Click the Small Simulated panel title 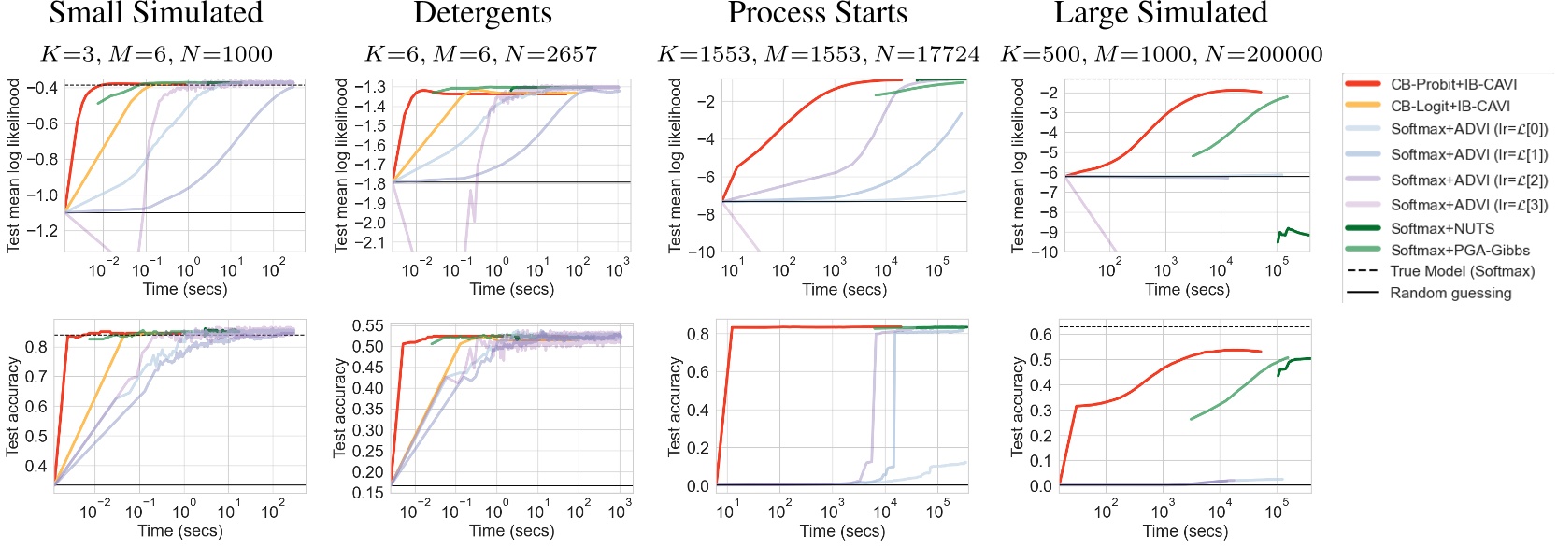tap(155, 13)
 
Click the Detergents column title tap(482, 13)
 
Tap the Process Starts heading tap(818, 13)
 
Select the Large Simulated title tap(1161, 13)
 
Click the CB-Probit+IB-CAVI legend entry tap(1453, 84)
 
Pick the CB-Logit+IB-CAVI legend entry tap(1450, 107)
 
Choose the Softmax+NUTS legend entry tap(1442, 228)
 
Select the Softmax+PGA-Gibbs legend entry tap(1460, 250)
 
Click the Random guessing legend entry tap(1450, 293)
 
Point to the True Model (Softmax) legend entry tap(1462, 271)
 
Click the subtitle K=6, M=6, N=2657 tap(480, 54)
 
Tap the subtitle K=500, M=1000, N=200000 tap(1162, 54)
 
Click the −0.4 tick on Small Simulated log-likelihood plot tap(42, 88)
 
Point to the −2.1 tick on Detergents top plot tap(373, 243)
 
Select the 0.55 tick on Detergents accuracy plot tap(367, 325)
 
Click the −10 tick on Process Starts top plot tap(700, 252)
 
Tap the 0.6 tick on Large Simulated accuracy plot tap(1041, 335)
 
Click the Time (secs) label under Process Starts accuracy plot tap(842, 531)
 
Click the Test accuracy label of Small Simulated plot tap(12, 406)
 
